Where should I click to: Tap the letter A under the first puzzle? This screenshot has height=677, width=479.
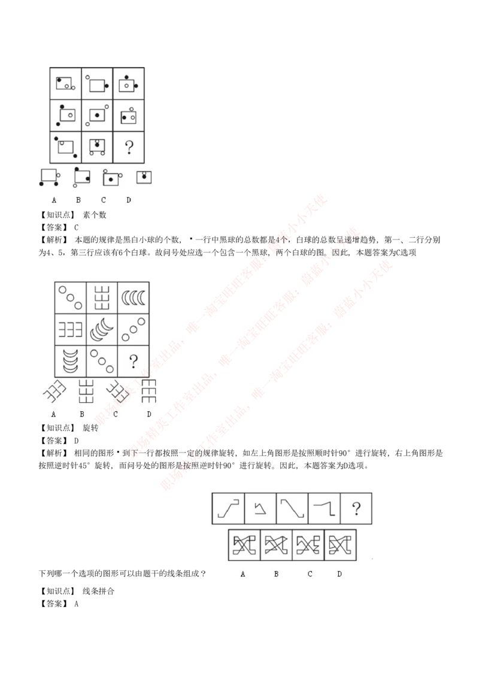pyautogui.click(x=54, y=199)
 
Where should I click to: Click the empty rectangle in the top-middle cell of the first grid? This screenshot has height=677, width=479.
pyautogui.click(x=96, y=85)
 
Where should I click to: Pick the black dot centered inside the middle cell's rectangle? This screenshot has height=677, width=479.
pyautogui.click(x=96, y=114)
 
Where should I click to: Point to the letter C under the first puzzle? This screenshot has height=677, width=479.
pyautogui.click(x=103, y=199)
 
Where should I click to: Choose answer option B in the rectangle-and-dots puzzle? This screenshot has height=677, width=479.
pyautogui.click(x=82, y=177)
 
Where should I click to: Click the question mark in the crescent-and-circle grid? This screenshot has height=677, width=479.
pyautogui.click(x=134, y=360)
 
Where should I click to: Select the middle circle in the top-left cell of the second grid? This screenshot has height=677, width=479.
pyautogui.click(x=70, y=297)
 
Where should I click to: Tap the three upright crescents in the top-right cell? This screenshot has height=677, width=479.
pyautogui.click(x=134, y=296)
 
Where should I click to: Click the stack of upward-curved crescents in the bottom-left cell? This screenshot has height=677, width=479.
pyautogui.click(x=71, y=360)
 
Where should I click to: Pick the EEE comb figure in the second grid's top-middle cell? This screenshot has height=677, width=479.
pyautogui.click(x=102, y=296)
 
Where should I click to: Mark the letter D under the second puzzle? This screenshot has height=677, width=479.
pyautogui.click(x=148, y=414)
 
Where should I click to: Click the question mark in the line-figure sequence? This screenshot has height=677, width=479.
pyautogui.click(x=356, y=509)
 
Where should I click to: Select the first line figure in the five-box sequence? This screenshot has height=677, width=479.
pyautogui.click(x=229, y=509)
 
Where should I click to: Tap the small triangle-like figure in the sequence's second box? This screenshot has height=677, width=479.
pyautogui.click(x=260, y=509)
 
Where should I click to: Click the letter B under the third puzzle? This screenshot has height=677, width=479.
pyautogui.click(x=276, y=574)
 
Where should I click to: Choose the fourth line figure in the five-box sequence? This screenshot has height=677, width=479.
pyautogui.click(x=324, y=509)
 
